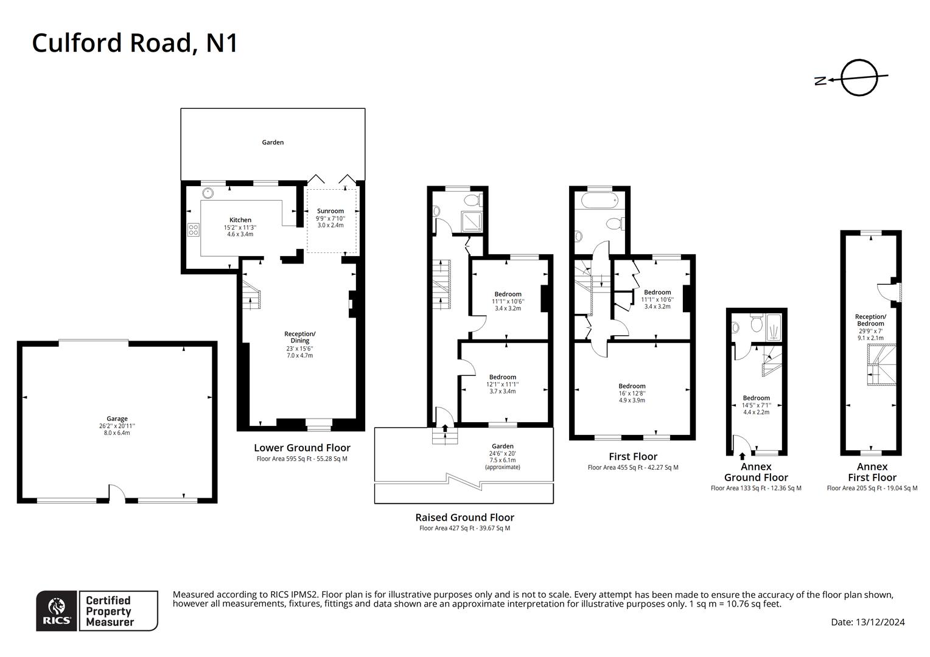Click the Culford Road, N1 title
(135, 43)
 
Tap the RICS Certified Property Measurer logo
(97, 611)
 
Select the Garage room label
(117, 419)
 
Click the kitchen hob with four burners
(194, 229)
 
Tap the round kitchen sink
(208, 193)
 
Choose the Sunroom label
(330, 211)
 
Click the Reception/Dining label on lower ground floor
(299, 337)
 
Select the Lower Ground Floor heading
(302, 448)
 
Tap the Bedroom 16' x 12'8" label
(632, 386)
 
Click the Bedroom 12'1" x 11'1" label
(502, 377)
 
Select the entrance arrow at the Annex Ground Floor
(742, 456)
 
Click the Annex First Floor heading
(872, 472)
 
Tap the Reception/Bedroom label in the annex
(870, 320)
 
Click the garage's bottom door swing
(117, 493)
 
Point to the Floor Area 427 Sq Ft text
(464, 529)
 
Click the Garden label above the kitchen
(273, 142)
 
